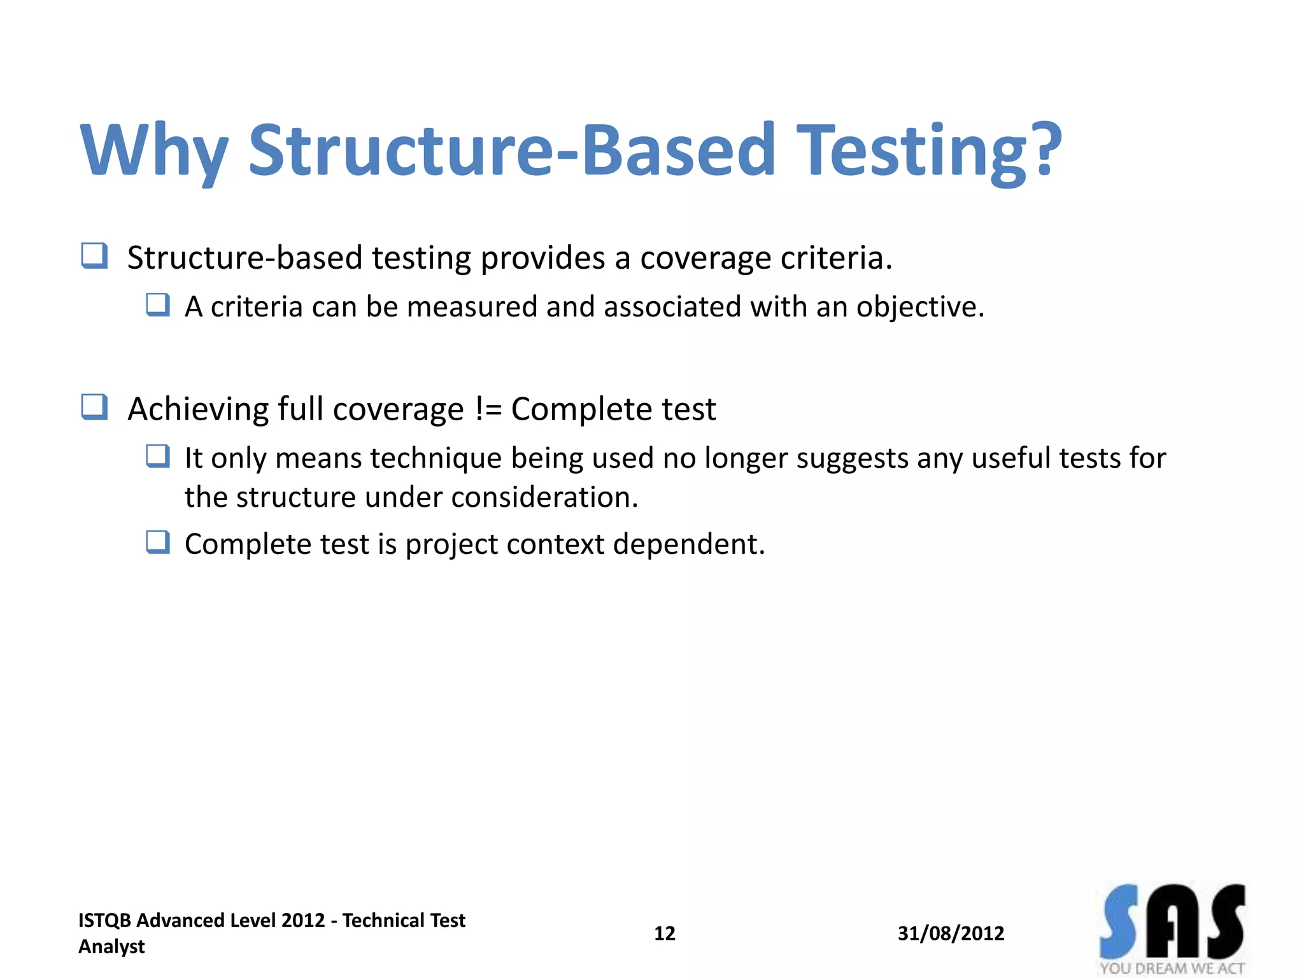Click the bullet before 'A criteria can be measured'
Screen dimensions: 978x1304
point(157,305)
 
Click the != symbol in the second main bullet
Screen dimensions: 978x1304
point(488,409)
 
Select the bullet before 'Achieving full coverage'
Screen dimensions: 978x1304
point(94,407)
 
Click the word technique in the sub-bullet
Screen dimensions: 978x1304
point(436,458)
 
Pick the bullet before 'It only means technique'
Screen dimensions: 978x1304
point(157,457)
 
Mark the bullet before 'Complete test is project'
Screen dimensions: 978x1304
point(157,542)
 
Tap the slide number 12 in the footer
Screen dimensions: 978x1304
point(664,933)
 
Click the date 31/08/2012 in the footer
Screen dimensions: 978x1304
point(951,933)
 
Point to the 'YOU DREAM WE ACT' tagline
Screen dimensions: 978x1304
point(1172,968)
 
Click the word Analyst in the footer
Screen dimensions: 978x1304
point(111,947)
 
